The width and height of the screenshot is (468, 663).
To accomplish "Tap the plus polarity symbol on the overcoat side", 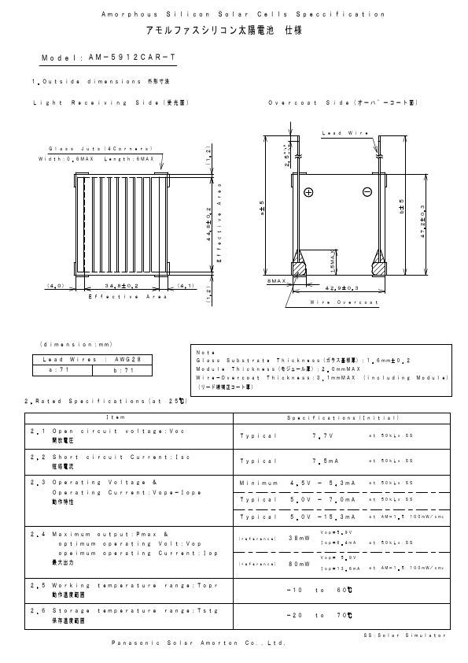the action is (x=308, y=192).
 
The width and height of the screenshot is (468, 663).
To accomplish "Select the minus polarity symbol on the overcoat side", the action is (x=367, y=192).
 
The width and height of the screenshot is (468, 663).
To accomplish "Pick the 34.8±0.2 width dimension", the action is (x=122, y=286).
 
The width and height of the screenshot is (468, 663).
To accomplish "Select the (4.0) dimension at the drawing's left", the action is (x=56, y=286).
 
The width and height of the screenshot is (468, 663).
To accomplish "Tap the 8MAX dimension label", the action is (x=276, y=280).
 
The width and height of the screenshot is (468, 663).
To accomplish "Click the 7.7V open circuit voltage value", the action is (x=323, y=435).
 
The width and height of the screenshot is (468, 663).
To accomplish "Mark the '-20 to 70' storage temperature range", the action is (x=319, y=614).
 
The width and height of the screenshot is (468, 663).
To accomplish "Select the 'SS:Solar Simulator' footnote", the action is (x=404, y=634).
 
